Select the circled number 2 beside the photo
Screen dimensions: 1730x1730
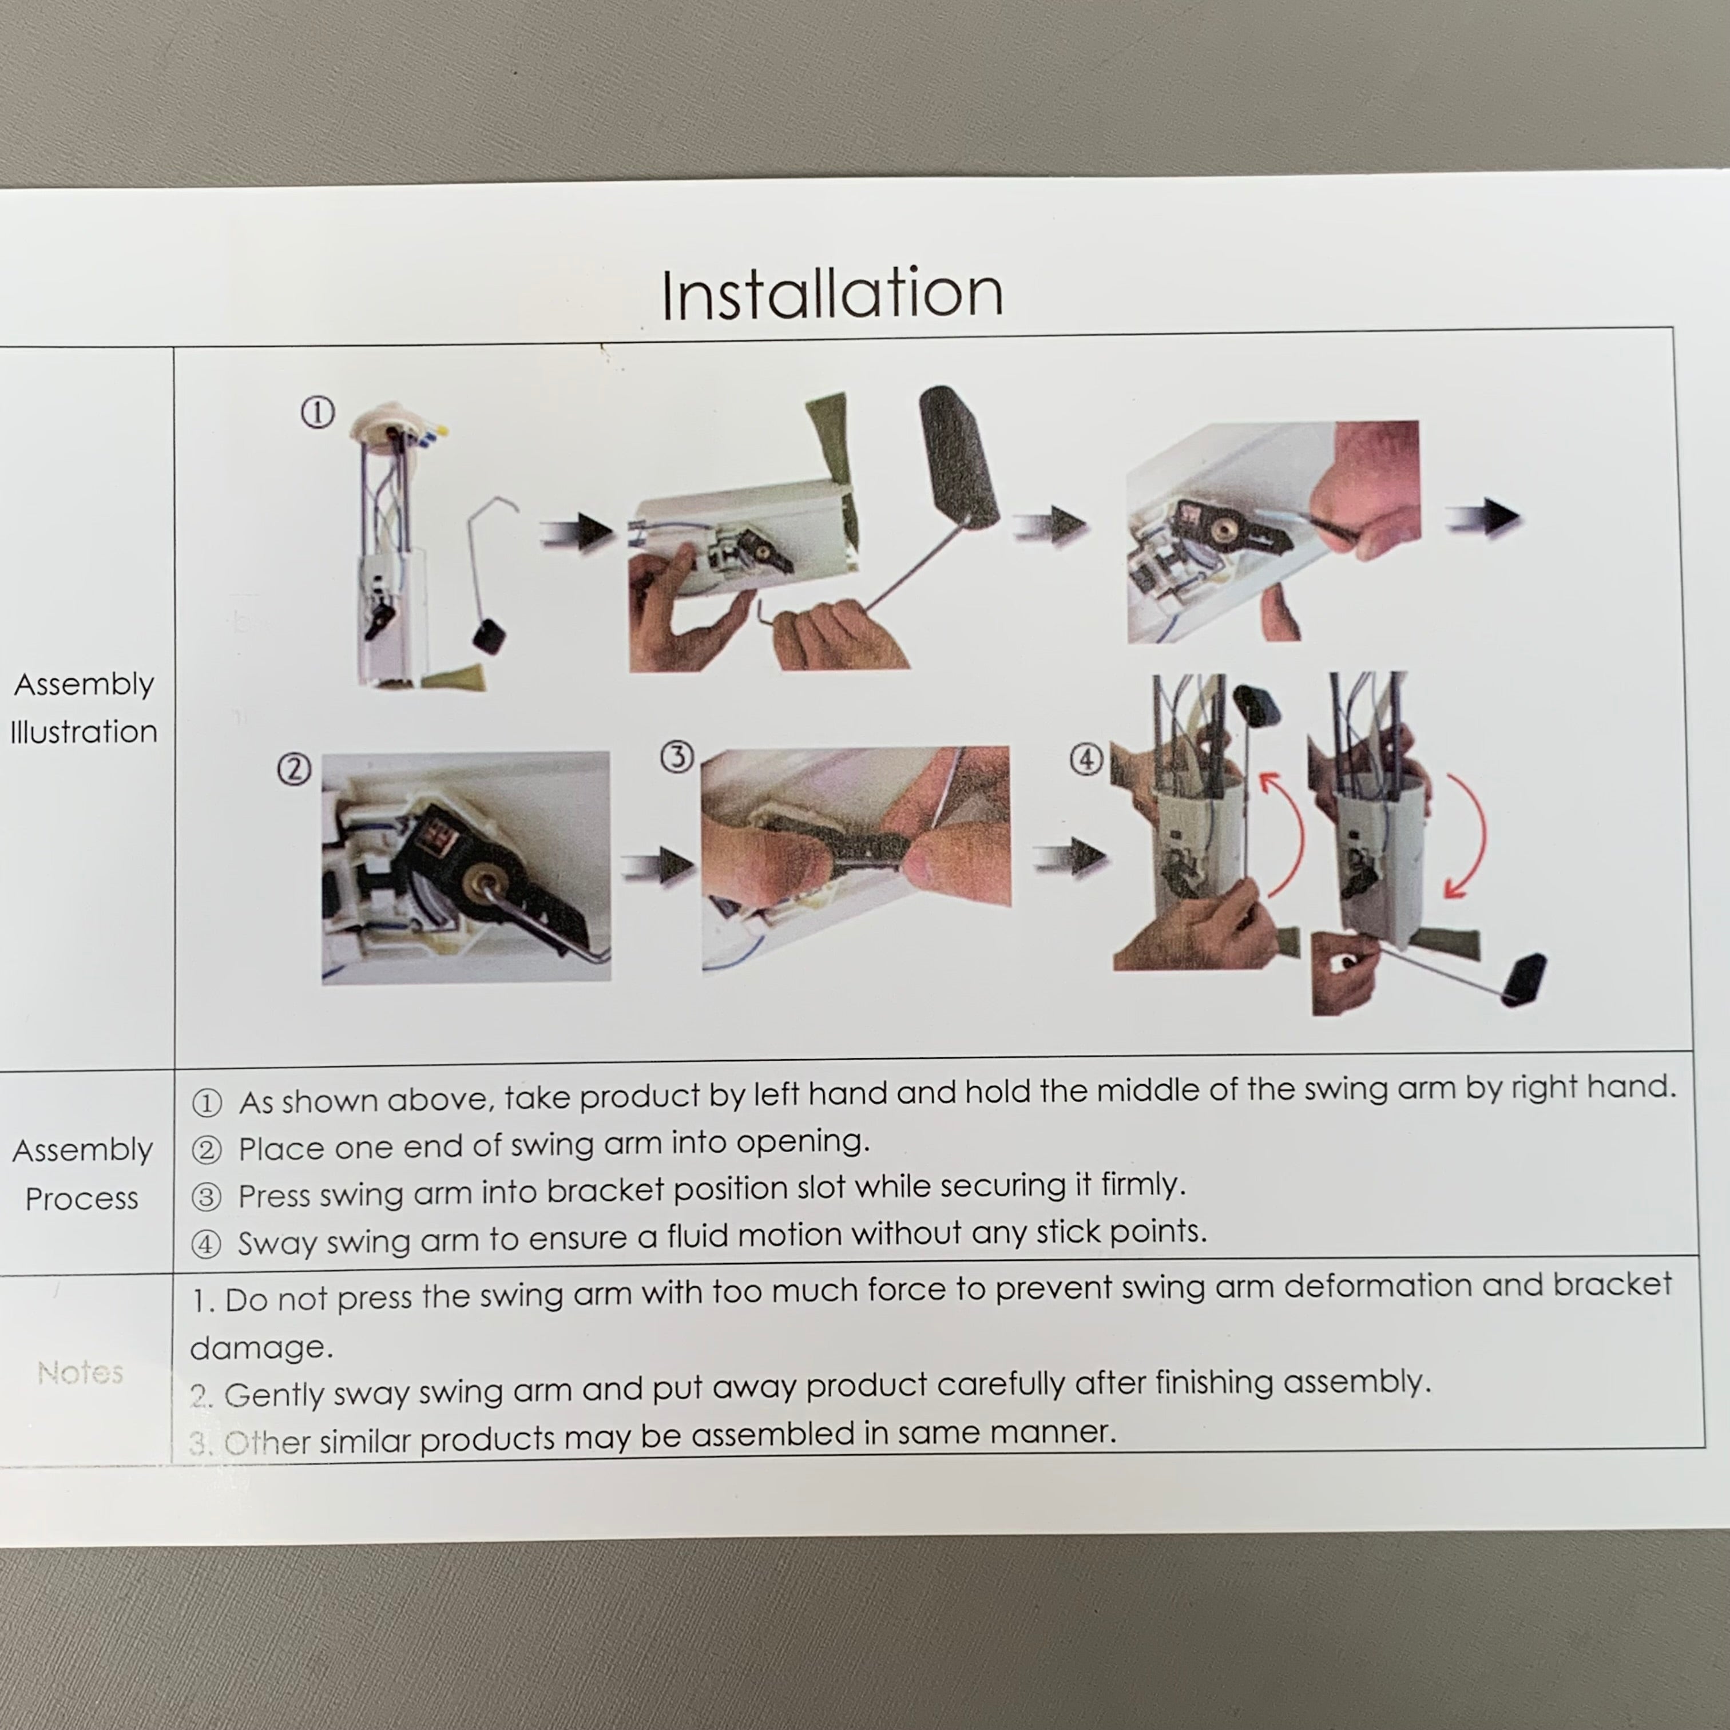point(293,769)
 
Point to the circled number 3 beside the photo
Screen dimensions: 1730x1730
point(677,757)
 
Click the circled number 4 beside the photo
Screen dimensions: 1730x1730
point(1086,760)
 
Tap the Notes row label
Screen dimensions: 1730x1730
point(81,1372)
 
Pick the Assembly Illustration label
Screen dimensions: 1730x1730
point(84,708)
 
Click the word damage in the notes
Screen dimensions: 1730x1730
point(260,1348)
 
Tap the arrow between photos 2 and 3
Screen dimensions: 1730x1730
point(658,865)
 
